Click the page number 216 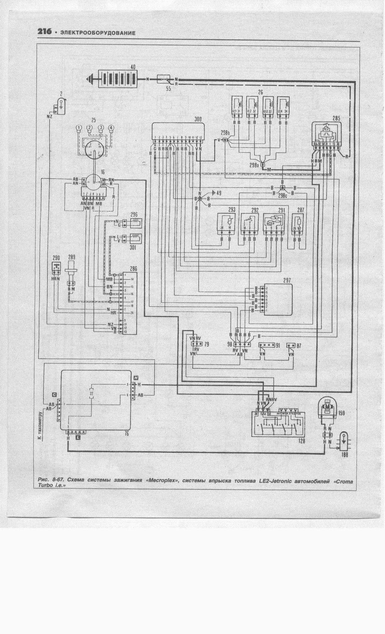(x=44, y=32)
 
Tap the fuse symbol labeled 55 (x=164, y=79)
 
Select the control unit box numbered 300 (x=178, y=131)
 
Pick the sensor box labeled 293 (x=226, y=224)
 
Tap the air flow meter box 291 (x=274, y=224)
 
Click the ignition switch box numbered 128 (x=278, y=424)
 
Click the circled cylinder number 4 (x=111, y=128)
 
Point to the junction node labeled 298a (x=263, y=165)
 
